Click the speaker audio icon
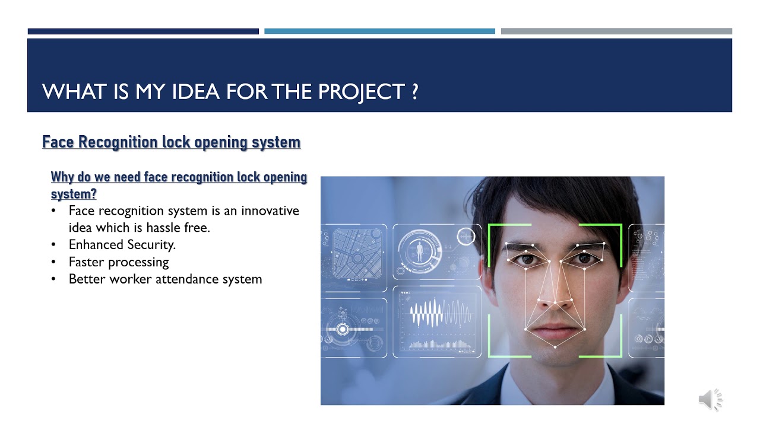(x=710, y=400)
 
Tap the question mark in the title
(x=414, y=91)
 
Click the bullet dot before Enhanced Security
(x=55, y=245)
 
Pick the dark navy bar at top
(x=143, y=31)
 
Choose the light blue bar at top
(x=379, y=31)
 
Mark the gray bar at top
(x=616, y=31)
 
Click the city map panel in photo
(x=354, y=251)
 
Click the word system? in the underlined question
(x=74, y=193)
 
